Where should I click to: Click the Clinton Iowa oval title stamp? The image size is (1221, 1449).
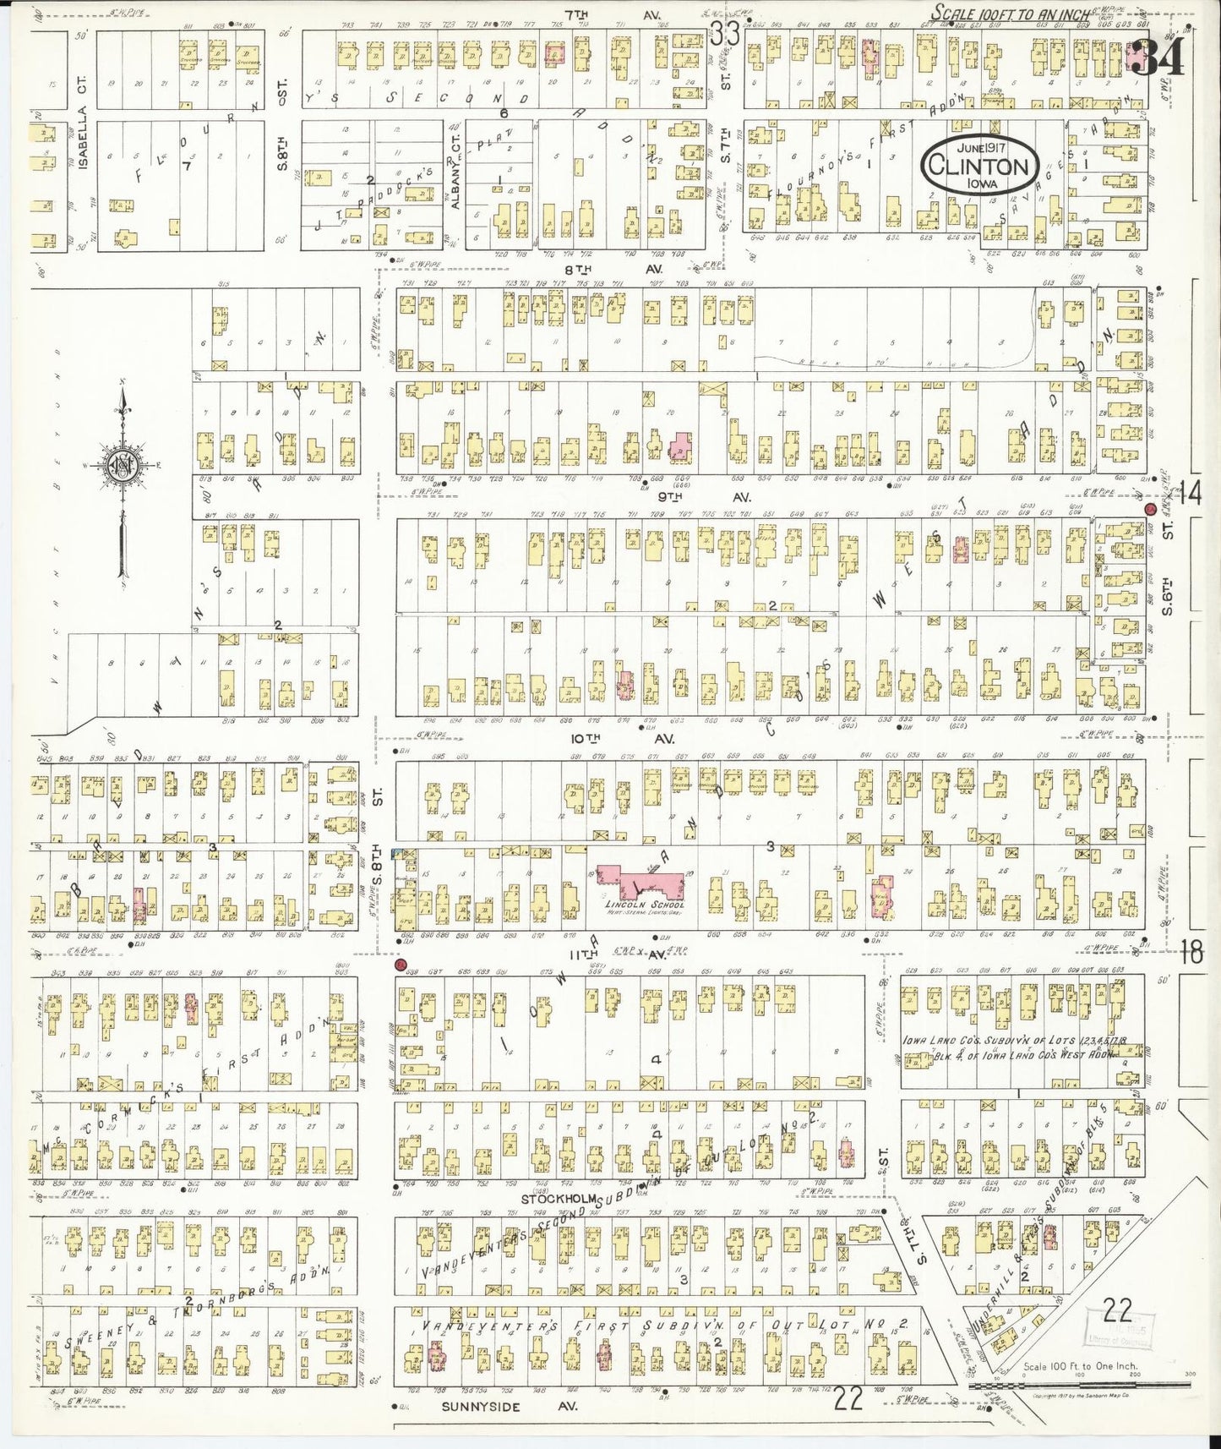pos(980,166)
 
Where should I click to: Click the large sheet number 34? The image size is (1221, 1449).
pos(1158,57)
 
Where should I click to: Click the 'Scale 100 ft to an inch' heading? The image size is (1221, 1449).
pos(1001,13)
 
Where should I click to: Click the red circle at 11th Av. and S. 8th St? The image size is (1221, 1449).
pos(401,965)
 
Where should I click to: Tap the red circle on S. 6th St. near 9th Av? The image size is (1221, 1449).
pos(1150,510)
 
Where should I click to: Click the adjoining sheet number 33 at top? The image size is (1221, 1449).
pos(724,34)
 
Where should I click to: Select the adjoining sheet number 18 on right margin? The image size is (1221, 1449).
pos(1191,953)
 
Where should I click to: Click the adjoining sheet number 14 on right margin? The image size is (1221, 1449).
pos(1191,493)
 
